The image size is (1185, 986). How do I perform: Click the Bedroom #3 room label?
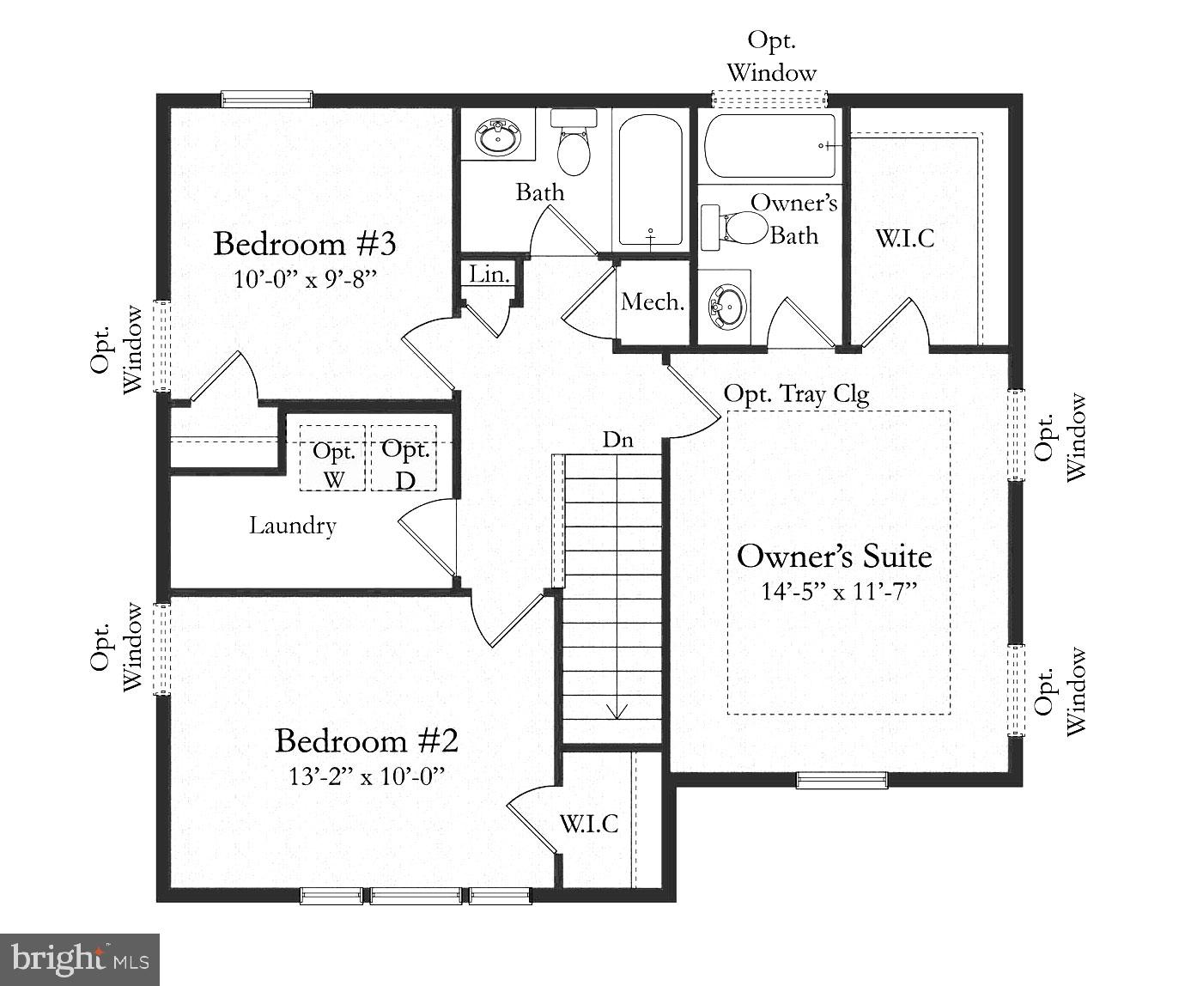[x=304, y=244]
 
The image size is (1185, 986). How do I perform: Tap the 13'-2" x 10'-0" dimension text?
[x=367, y=776]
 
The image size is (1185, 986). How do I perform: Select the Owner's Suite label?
[x=834, y=556]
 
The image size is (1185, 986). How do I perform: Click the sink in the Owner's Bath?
[x=726, y=304]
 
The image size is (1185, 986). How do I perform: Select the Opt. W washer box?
[x=334, y=458]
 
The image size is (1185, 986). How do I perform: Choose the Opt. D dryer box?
[x=404, y=458]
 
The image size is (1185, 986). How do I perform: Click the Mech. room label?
[x=653, y=301]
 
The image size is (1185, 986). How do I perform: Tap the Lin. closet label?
[x=490, y=274]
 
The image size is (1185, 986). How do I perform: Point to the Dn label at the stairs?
[x=617, y=440]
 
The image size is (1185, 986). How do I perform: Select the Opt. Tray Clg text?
[x=796, y=394]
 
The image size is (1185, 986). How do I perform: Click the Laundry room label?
[x=292, y=525]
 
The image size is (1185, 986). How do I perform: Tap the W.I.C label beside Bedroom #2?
[x=589, y=824]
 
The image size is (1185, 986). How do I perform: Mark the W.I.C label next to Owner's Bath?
[x=905, y=238]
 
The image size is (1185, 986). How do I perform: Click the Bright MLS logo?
[x=80, y=958]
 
